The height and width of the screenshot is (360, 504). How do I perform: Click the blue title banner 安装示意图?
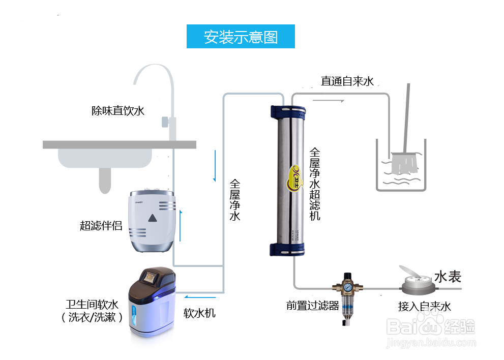(x=241, y=37)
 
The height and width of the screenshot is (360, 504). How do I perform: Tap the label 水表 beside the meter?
(x=448, y=277)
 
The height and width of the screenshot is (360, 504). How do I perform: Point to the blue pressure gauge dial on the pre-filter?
(x=346, y=286)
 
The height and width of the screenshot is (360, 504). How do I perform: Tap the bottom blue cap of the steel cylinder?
(x=288, y=249)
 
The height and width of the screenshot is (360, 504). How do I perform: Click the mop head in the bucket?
(x=404, y=164)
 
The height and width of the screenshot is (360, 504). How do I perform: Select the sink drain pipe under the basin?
(x=105, y=181)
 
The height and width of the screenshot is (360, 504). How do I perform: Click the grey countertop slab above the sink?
(x=119, y=145)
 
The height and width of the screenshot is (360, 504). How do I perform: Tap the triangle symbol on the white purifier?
(x=152, y=219)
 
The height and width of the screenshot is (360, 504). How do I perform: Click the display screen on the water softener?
(x=152, y=277)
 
